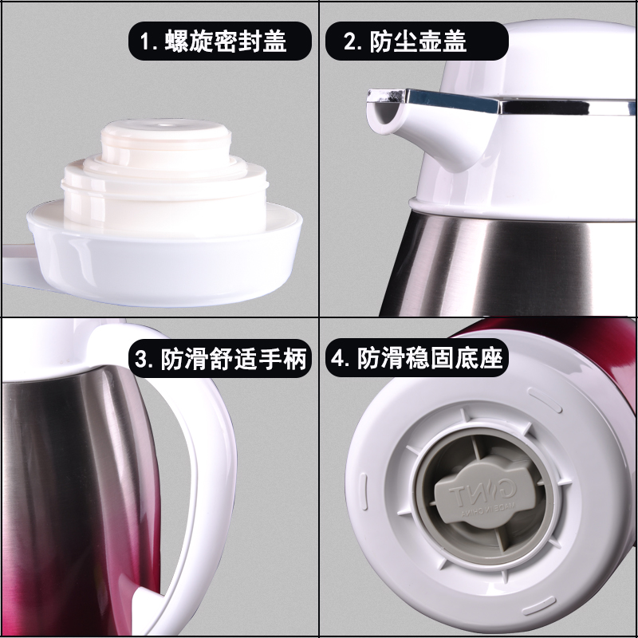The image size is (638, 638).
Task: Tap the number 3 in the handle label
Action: pos(144,359)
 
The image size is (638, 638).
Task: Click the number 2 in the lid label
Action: pos(350,41)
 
